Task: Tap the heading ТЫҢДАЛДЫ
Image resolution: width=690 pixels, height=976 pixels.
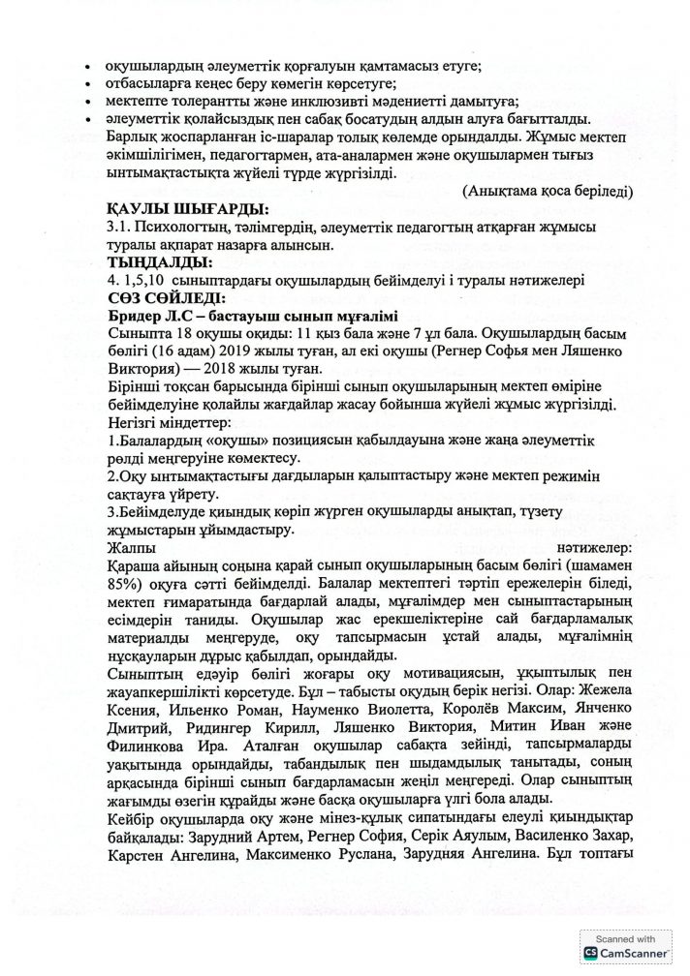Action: (161, 262)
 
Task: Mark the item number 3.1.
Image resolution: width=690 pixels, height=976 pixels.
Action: (122, 227)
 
